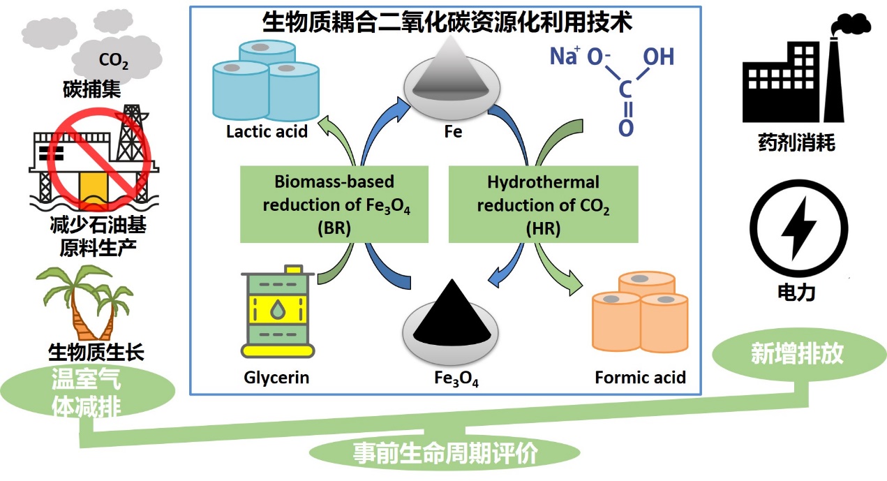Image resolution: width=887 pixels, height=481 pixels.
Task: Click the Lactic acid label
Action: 267,131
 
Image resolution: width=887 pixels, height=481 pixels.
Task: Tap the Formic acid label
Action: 640,378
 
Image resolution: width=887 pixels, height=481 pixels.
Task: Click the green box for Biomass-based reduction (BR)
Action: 334,204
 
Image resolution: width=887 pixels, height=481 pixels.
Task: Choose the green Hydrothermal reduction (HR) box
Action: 543,204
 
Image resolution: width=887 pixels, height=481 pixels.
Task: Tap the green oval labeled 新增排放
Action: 796,354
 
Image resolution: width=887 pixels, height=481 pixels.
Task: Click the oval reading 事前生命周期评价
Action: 445,454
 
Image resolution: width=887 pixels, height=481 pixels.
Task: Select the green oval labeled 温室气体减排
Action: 87,393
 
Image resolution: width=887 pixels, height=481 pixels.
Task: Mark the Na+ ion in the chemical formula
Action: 564,56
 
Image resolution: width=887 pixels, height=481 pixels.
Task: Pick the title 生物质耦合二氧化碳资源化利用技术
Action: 447,23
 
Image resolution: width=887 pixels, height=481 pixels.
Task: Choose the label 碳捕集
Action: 90,90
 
